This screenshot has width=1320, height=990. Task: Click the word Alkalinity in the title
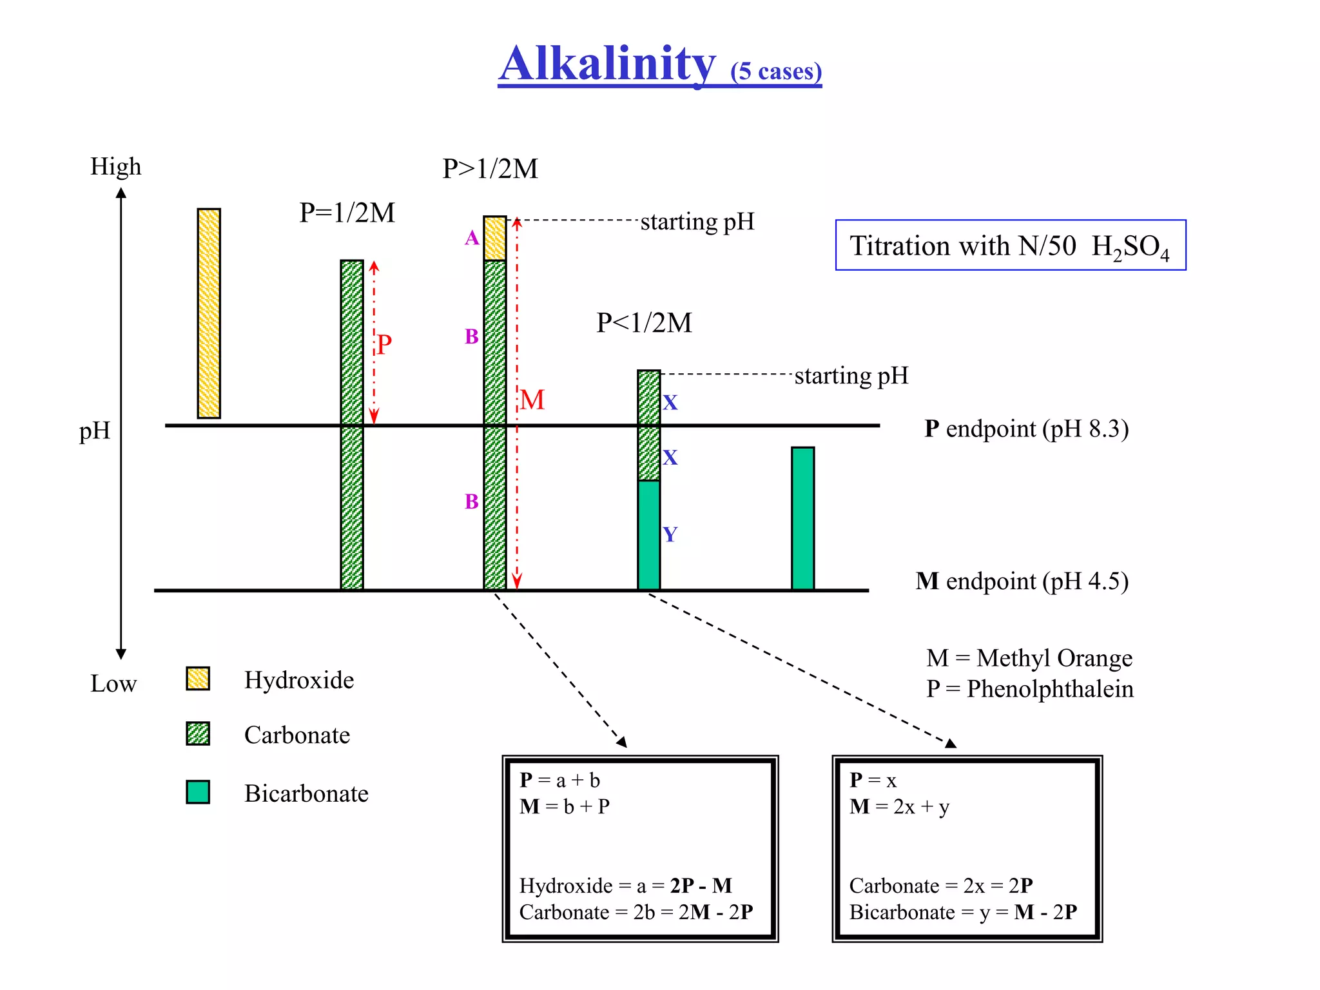coord(607,64)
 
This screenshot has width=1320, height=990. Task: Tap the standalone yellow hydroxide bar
coord(209,313)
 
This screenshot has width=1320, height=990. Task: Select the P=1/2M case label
coord(347,213)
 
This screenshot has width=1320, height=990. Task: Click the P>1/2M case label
coord(490,169)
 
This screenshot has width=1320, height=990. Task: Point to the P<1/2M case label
coord(644,323)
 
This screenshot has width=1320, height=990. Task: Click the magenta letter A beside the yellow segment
coord(472,238)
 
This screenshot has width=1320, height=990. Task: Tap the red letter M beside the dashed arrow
coord(532,400)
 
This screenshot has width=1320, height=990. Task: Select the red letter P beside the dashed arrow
coord(384,344)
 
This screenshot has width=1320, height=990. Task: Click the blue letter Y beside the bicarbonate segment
coord(670,534)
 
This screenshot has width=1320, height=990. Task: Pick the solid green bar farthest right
coord(802,518)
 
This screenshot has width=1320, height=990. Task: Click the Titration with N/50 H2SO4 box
coord(1010,246)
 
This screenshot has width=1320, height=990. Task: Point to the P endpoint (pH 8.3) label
coord(1026,429)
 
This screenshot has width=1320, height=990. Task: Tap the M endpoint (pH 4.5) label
coord(1022,581)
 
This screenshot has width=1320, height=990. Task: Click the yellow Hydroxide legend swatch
coord(198,679)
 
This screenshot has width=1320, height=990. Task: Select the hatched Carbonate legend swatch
coord(198,733)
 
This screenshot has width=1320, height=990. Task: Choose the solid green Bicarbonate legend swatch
coord(198,792)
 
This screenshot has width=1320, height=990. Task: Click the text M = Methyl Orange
coord(1029,658)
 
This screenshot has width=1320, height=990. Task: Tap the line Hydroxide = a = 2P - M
coord(625,886)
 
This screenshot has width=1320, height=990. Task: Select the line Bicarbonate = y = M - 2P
coord(963,913)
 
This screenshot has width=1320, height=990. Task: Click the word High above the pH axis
coord(115,166)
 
